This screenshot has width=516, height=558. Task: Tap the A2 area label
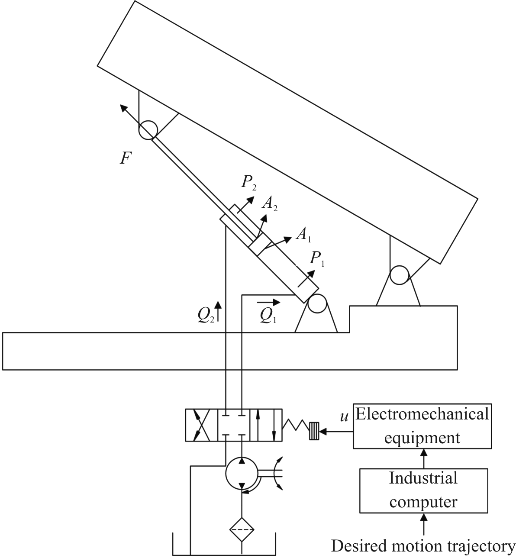pyautogui.click(x=270, y=203)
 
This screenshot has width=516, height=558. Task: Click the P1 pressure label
pyautogui.click(x=317, y=259)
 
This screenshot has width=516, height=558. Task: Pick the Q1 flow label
pyautogui.click(x=268, y=316)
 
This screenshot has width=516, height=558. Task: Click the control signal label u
pyautogui.click(x=344, y=417)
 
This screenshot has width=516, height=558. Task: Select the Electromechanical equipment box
pyautogui.click(x=422, y=426)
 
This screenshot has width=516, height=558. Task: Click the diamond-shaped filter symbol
pyautogui.click(x=242, y=530)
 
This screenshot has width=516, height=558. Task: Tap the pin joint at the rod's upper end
pyautogui.click(x=148, y=130)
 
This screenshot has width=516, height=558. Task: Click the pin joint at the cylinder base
pyautogui.click(x=317, y=304)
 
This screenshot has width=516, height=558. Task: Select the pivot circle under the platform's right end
pyautogui.click(x=400, y=275)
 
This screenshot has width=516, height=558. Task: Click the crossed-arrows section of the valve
pyautogui.click(x=202, y=425)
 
